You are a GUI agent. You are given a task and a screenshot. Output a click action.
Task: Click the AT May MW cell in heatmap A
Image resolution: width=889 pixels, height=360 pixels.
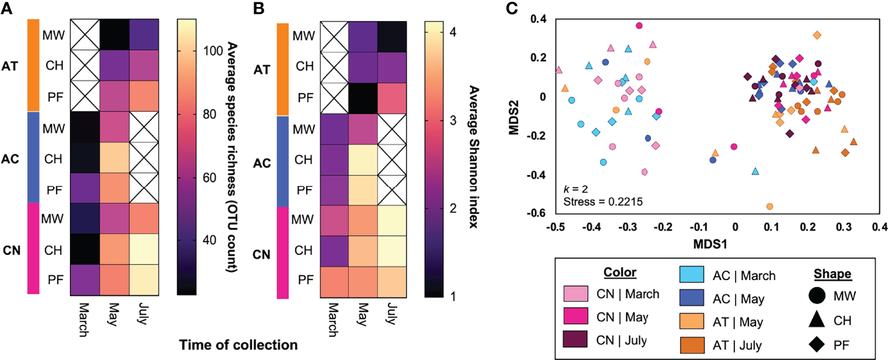(x=114, y=34)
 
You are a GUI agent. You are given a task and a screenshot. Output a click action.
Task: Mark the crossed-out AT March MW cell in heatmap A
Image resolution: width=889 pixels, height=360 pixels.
(x=85, y=34)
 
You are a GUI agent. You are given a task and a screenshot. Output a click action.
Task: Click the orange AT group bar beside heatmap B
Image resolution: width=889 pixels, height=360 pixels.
(x=283, y=69)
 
